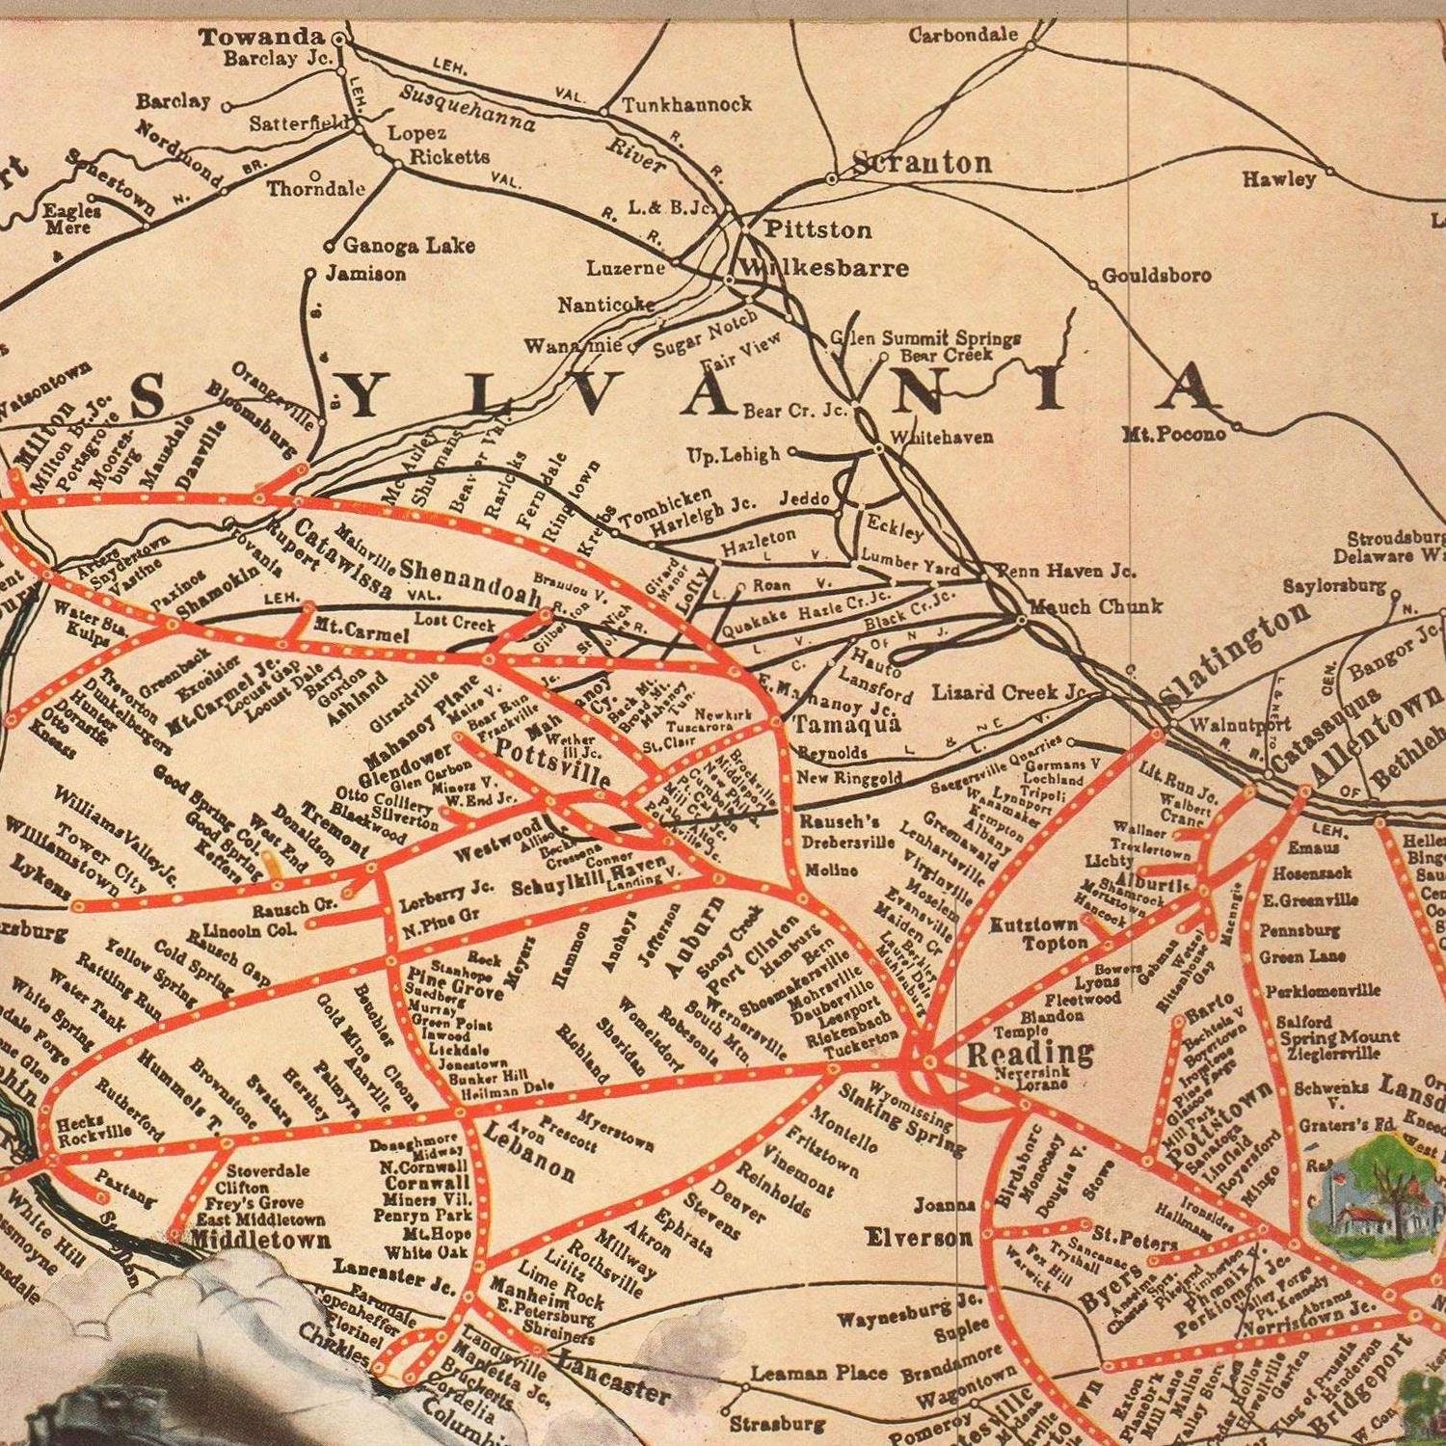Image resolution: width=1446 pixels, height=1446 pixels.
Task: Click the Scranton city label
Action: coord(923,162)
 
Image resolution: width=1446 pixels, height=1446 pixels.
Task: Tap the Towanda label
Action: coord(260,38)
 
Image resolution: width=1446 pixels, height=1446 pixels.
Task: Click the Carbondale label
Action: coord(963,35)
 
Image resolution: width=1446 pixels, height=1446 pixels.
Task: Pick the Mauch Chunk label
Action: coord(1096,607)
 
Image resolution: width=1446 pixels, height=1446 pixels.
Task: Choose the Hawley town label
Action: coord(1278,179)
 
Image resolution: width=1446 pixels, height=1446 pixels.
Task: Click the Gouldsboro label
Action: coord(1156,276)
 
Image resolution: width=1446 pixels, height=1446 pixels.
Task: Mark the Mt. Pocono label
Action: coord(1173,434)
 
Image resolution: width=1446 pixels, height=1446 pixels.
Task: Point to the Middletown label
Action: coord(260,1240)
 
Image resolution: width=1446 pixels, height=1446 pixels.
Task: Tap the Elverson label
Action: coord(919,1237)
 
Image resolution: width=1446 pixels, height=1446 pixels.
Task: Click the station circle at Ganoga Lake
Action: coord(329,246)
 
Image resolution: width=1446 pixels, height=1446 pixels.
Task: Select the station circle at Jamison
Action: coord(310,274)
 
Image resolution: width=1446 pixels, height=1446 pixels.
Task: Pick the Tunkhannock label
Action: coord(685,104)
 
